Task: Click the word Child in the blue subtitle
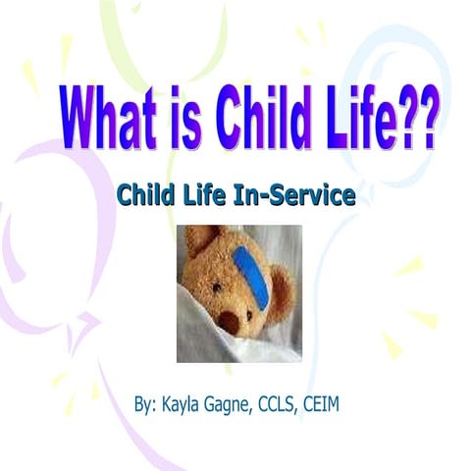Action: [144, 195]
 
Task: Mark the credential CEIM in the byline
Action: [347, 404]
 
